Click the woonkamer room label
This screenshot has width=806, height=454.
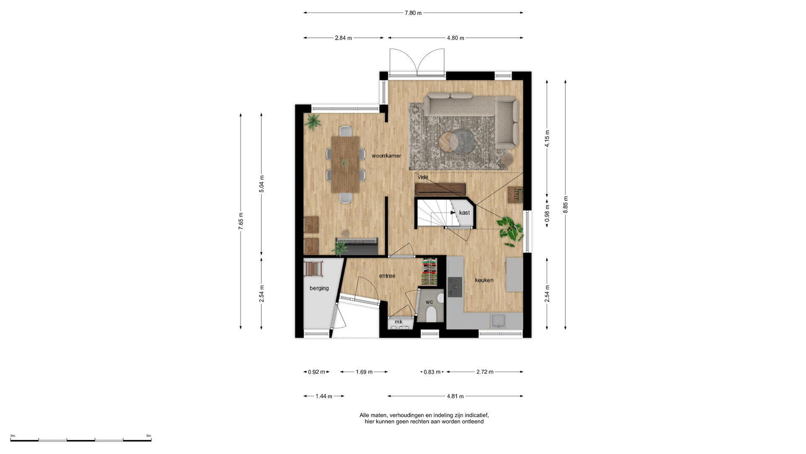coord(386,156)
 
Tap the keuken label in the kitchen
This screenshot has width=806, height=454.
coord(484,280)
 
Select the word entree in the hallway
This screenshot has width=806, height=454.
coord(387,276)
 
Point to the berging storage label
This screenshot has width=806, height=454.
coord(319,288)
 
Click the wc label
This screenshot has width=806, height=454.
coord(429,302)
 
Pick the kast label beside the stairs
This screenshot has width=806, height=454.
coord(464,213)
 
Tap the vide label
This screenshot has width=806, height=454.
coord(423,177)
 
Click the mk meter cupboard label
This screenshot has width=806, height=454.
coord(398,322)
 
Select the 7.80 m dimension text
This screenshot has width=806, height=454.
coord(413,13)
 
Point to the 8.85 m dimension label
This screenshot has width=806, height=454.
coord(565,205)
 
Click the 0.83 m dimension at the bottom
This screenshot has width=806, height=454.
coord(432,372)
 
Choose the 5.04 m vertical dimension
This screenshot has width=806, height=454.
coord(262,184)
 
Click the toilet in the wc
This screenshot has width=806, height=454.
coord(431,314)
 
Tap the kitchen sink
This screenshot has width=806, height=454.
coord(499,321)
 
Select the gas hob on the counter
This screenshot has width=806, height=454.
coord(455,287)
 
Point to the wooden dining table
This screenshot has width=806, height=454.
coord(345,164)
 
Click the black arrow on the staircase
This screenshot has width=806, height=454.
coord(452,213)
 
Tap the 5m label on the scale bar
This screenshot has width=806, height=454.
coord(149,436)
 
